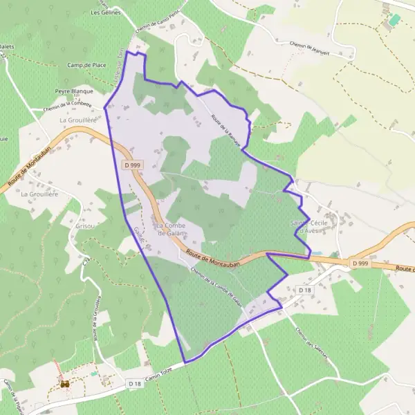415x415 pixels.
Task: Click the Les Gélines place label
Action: [106, 12]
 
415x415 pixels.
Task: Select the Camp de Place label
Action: [86, 64]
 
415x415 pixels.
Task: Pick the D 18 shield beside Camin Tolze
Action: [134, 383]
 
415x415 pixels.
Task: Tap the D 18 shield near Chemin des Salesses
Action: [304, 290]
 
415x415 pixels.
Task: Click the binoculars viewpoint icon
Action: [64, 383]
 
